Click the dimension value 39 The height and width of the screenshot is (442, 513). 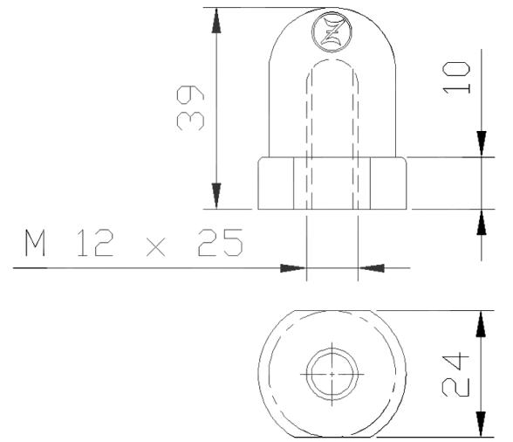191,108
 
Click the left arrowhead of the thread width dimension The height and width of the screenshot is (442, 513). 295,267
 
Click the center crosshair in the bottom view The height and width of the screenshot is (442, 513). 332,373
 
